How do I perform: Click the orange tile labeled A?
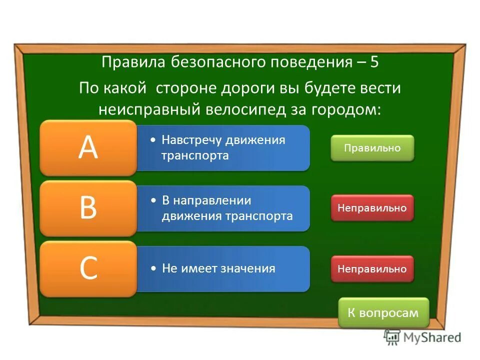point(88,147)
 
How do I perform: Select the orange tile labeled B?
point(88,208)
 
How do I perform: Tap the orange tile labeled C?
point(88,268)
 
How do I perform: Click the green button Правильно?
point(372,148)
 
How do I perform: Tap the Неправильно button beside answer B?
point(372,208)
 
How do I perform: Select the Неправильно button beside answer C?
point(372,268)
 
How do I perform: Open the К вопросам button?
point(383,312)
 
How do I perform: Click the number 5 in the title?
point(375,62)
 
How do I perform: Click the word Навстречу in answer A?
point(193,139)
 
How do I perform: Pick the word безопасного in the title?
point(212,62)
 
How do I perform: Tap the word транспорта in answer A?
point(195,155)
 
